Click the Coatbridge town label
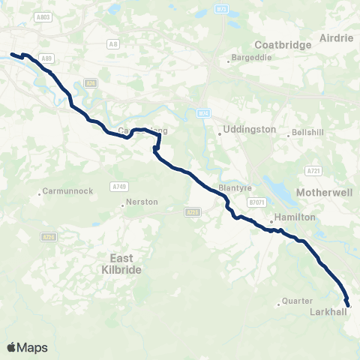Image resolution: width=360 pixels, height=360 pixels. tap(283, 45)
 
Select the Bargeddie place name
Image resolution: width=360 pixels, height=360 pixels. tap(250, 58)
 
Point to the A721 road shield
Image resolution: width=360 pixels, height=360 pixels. tap(313, 171)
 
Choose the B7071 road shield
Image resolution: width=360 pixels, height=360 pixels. tap(257, 202)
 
